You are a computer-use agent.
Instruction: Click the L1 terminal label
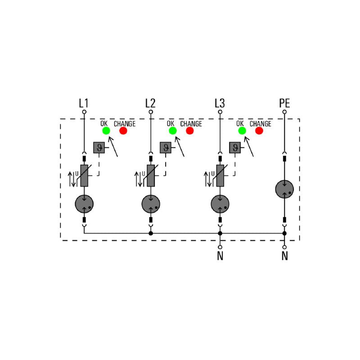click(x=84, y=103)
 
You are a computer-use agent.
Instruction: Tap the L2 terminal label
click(x=150, y=103)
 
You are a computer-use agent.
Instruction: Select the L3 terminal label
click(x=220, y=103)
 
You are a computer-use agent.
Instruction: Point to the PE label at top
click(x=284, y=103)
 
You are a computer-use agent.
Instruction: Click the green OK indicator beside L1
click(x=106, y=130)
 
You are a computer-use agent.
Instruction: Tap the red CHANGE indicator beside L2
click(x=189, y=130)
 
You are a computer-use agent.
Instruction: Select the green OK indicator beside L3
click(x=242, y=130)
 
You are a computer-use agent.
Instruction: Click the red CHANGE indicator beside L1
click(x=123, y=130)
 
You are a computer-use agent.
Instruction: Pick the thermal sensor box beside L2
click(x=166, y=148)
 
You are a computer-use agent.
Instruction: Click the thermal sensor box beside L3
click(x=235, y=148)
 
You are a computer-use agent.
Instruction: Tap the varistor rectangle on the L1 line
click(x=84, y=175)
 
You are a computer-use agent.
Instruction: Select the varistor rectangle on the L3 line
click(x=220, y=175)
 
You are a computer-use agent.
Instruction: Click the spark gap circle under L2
click(x=151, y=204)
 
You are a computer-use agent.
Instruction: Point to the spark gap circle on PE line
click(x=284, y=189)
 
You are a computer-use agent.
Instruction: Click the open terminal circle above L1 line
click(x=84, y=112)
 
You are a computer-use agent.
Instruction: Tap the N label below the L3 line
click(x=220, y=256)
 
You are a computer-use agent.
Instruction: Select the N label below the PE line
click(x=285, y=256)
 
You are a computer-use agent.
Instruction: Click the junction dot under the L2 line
click(x=151, y=234)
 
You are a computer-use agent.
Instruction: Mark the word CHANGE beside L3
click(x=261, y=124)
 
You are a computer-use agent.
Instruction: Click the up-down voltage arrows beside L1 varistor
click(x=72, y=179)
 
